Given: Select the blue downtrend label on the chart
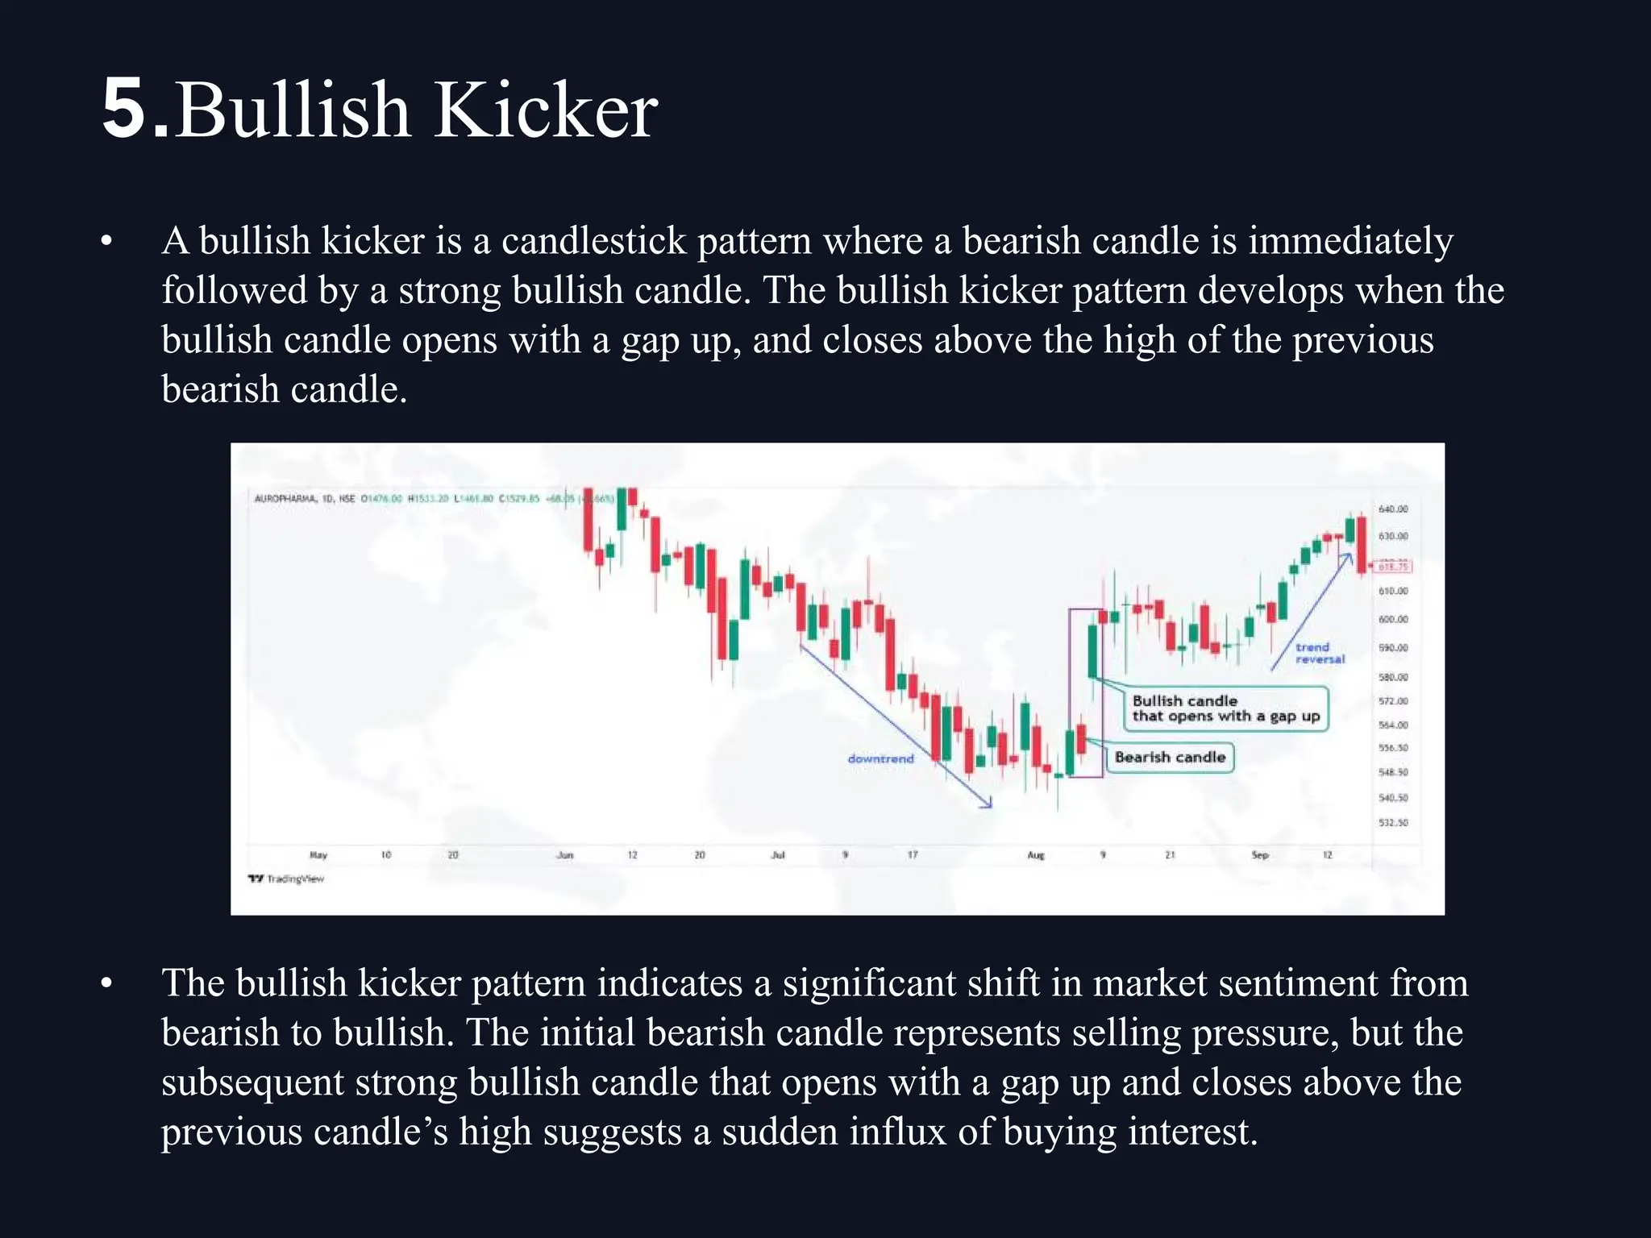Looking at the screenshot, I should click(x=880, y=758).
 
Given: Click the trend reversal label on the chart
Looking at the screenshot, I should click(x=1320, y=653).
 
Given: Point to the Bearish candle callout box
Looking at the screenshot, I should click(x=1170, y=757).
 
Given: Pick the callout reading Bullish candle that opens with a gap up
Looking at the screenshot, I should click(x=1225, y=708).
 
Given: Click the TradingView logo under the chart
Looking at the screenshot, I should click(x=286, y=879).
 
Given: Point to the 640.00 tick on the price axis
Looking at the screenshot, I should click(x=1393, y=509).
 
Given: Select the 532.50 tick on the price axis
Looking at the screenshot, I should click(x=1393, y=823).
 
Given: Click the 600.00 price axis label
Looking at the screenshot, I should click(x=1393, y=619).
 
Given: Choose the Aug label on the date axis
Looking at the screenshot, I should click(x=1035, y=855).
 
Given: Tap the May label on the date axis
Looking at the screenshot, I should click(x=318, y=855).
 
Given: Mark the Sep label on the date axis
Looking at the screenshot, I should click(x=1259, y=855).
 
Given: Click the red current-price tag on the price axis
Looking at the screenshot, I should click(x=1393, y=567).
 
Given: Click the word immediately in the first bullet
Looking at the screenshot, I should click(x=1350, y=241).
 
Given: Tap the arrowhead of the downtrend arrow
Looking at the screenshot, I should click(x=989, y=804).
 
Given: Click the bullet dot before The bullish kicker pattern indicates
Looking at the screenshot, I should click(x=106, y=983).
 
